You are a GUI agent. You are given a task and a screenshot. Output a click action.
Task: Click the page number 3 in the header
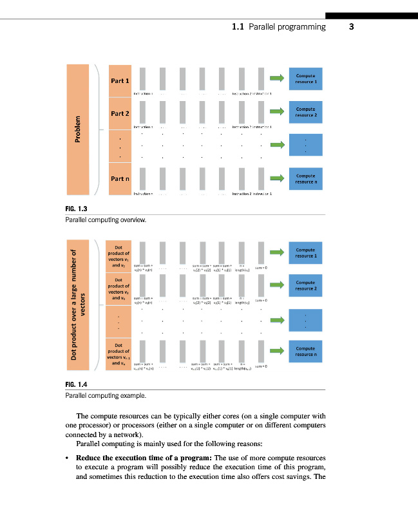pyautogui.click(x=352, y=27)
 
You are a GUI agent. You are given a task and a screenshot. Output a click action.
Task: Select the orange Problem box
pyautogui.click(x=77, y=129)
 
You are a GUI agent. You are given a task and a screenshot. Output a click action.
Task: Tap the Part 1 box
pyautogui.click(x=120, y=81)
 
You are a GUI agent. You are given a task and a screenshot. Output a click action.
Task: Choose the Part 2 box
pyautogui.click(x=120, y=113)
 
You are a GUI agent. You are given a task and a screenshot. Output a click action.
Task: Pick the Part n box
pyautogui.click(x=120, y=179)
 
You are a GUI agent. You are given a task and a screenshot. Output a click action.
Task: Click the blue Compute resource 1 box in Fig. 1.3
pyautogui.click(x=306, y=79)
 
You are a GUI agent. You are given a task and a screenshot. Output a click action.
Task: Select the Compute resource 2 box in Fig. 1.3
pyautogui.click(x=306, y=112)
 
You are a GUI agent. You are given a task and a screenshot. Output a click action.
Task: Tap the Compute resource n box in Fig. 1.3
pyautogui.click(x=306, y=178)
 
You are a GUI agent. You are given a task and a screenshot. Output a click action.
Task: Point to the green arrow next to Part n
pyautogui.click(x=276, y=178)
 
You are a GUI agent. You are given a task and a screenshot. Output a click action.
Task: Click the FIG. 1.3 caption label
pyautogui.click(x=76, y=209)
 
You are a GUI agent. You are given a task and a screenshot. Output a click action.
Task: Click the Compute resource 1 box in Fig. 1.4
pyautogui.click(x=306, y=253)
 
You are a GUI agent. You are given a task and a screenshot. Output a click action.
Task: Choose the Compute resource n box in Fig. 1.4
pyautogui.click(x=306, y=351)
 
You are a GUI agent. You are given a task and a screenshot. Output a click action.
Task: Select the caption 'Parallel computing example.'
pyautogui.click(x=106, y=395)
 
